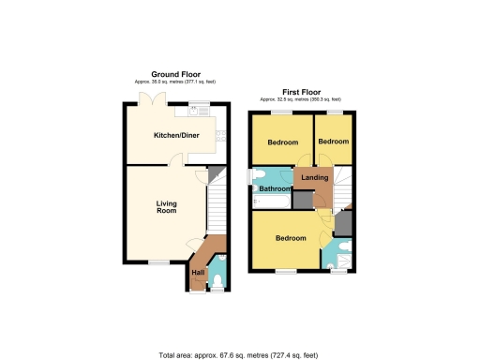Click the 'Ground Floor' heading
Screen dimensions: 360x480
point(177,74)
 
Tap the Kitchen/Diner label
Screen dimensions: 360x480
point(177,135)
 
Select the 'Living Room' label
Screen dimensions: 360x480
point(166,205)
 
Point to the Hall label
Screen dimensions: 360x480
point(198,272)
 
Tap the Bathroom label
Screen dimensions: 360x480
point(276,188)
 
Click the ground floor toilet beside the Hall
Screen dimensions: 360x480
point(217,278)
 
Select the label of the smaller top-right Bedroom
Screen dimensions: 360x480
point(332,142)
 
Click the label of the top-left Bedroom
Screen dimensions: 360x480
point(282,142)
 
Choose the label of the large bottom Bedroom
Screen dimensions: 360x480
point(291,238)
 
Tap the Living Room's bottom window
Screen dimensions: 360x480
point(160,262)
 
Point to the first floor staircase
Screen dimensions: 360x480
point(341,187)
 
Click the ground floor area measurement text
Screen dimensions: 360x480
point(177,82)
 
